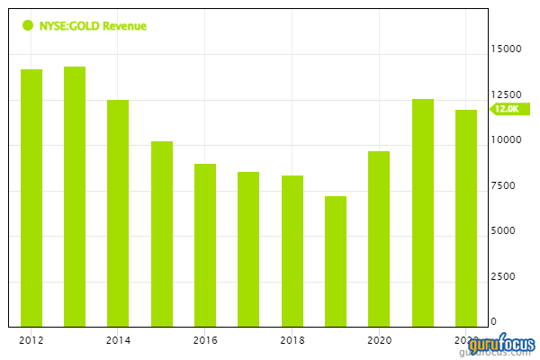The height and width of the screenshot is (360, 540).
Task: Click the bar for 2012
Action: (x=31, y=198)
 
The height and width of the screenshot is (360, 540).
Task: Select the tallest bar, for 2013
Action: (x=75, y=196)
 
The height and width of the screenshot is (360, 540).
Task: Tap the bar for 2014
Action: (x=118, y=212)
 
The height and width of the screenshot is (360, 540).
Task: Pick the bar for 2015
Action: (x=162, y=234)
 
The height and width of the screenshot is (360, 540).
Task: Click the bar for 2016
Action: (x=205, y=245)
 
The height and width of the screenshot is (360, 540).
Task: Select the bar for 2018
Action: (x=292, y=251)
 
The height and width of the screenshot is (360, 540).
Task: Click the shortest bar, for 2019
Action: (x=336, y=261)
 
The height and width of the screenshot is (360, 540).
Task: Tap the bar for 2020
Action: (x=379, y=238)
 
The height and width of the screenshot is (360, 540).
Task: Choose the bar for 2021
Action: (x=423, y=212)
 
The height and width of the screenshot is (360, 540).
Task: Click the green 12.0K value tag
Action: (x=506, y=109)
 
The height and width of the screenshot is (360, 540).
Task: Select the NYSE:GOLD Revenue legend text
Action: (x=93, y=26)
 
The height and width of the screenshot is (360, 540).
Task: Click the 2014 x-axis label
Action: (x=118, y=340)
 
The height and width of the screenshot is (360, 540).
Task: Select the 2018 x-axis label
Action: (x=292, y=340)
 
